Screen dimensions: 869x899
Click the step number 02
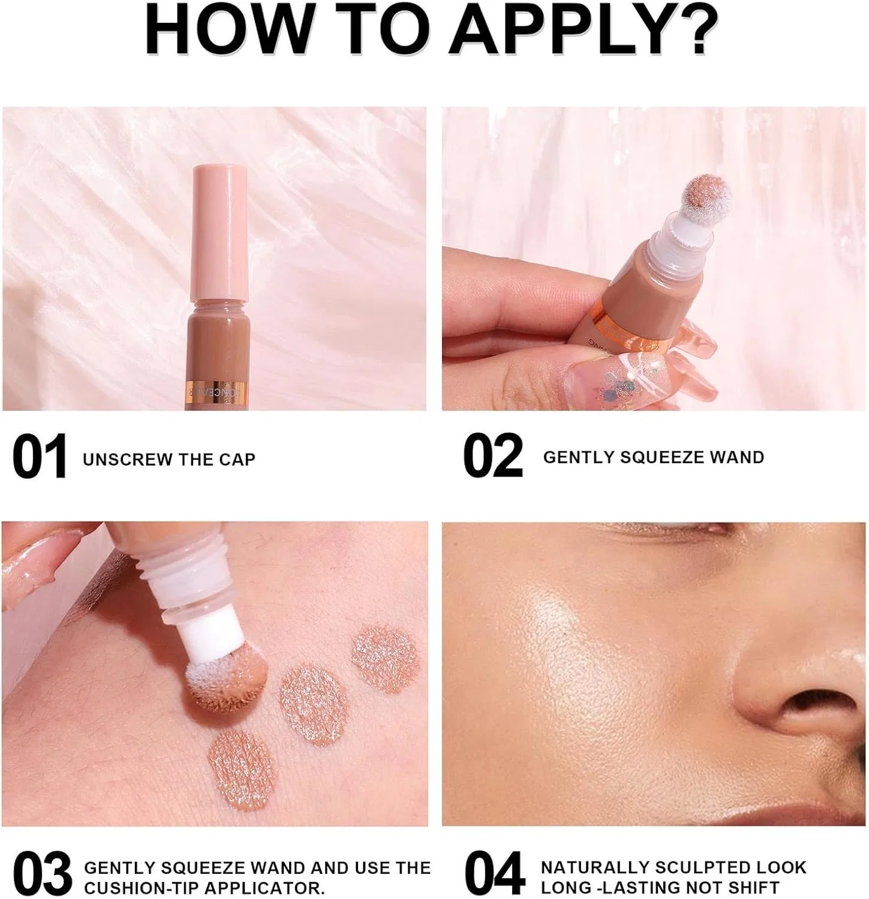(493, 457)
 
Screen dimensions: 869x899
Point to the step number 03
(42, 874)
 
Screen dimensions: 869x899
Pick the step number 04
(495, 874)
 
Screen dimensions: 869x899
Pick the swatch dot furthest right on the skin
(384, 660)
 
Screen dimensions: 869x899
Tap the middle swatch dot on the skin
(314, 705)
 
